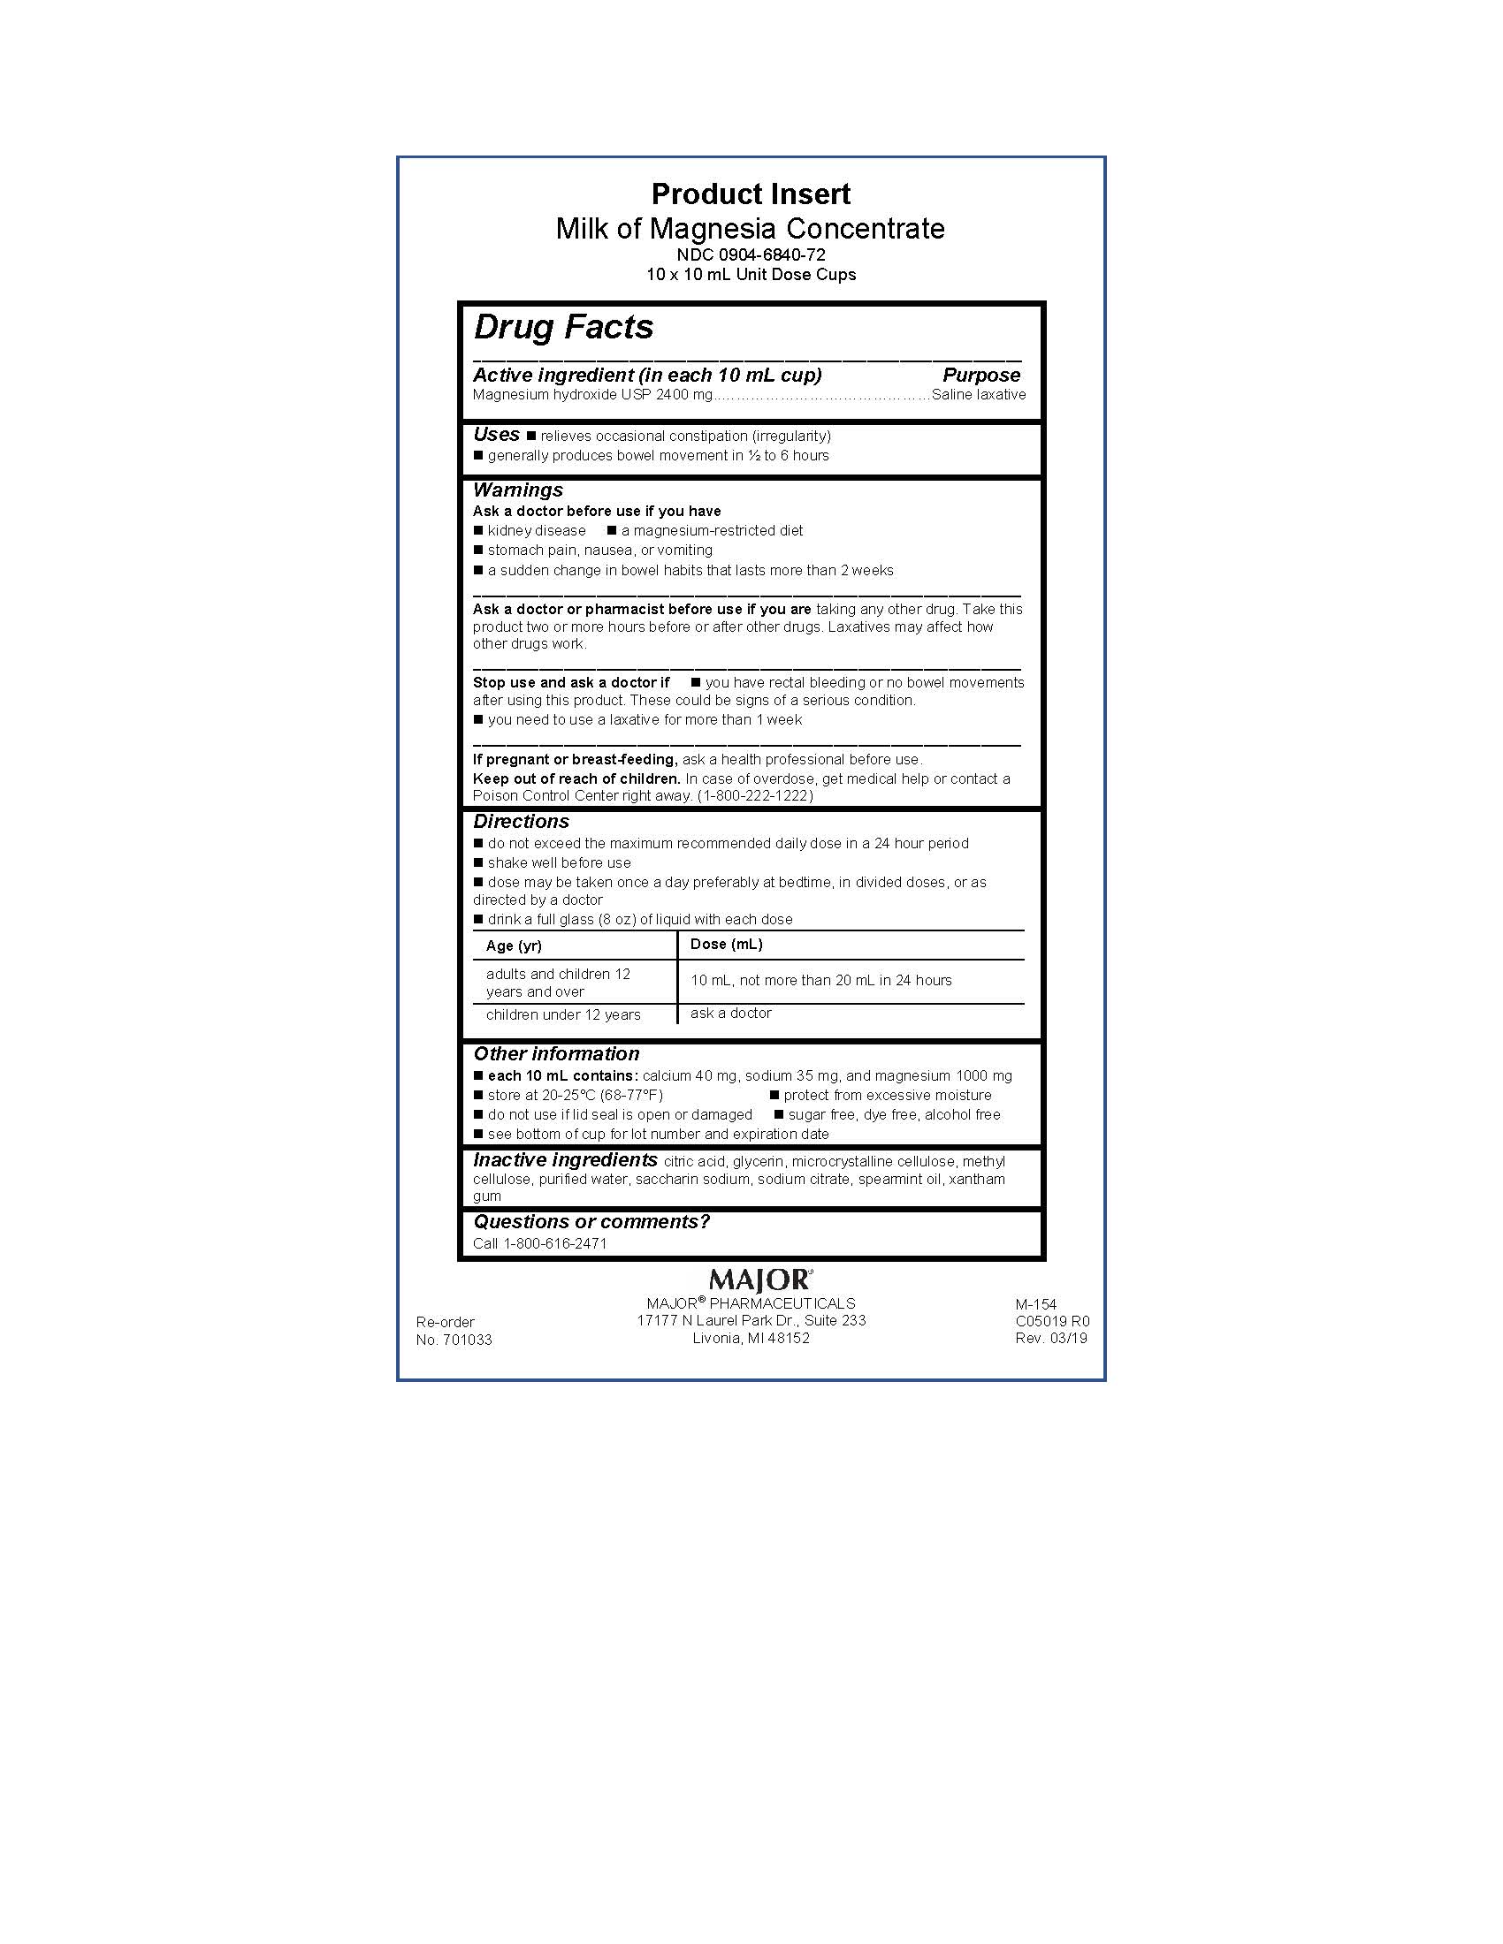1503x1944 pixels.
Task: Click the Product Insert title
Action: [x=751, y=194]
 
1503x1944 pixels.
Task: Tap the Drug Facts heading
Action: [x=564, y=327]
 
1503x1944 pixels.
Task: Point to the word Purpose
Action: [x=981, y=375]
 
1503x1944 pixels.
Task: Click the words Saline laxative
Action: [x=979, y=394]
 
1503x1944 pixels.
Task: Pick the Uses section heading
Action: [x=496, y=435]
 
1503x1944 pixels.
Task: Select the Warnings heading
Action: [x=517, y=490]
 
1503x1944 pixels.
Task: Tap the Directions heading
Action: [x=521, y=822]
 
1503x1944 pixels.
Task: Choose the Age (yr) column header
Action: [x=514, y=945]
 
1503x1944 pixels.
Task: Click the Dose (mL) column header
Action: [x=727, y=944]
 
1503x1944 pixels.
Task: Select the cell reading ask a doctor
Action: [x=731, y=1013]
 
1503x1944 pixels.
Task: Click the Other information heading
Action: [x=556, y=1054]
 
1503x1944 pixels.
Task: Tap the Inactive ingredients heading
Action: [x=566, y=1160]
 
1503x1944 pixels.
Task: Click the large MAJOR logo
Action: [x=759, y=1280]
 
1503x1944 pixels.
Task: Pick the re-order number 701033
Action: [x=468, y=1340]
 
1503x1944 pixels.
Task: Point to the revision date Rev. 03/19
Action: [x=1050, y=1338]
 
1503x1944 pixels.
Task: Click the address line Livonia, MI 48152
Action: [x=751, y=1338]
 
